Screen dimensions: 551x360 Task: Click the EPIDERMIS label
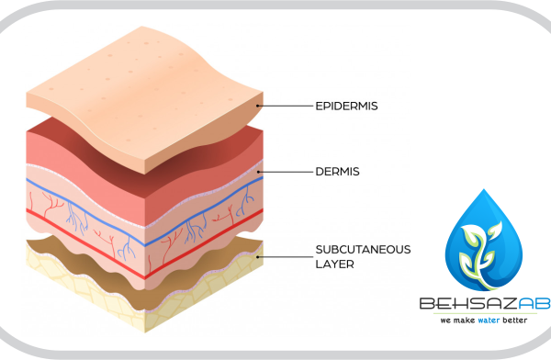(x=346, y=106)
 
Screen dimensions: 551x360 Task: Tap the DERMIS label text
(x=337, y=172)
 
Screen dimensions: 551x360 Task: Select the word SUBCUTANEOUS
(x=363, y=250)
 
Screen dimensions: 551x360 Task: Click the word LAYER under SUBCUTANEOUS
(x=334, y=264)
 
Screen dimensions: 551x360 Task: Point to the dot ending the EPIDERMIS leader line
(x=257, y=106)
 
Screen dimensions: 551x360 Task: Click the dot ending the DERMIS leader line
(x=258, y=172)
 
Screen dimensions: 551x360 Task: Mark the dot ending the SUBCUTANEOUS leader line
(x=257, y=257)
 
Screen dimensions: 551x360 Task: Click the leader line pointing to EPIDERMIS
(x=285, y=106)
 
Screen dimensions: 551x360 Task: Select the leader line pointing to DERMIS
(x=286, y=172)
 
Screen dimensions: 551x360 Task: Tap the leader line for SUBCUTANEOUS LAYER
(x=285, y=257)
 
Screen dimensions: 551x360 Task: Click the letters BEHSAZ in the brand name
(x=468, y=303)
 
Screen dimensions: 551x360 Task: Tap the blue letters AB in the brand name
(x=534, y=303)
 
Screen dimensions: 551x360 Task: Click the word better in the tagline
(x=515, y=320)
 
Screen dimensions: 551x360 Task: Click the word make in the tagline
(x=464, y=321)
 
